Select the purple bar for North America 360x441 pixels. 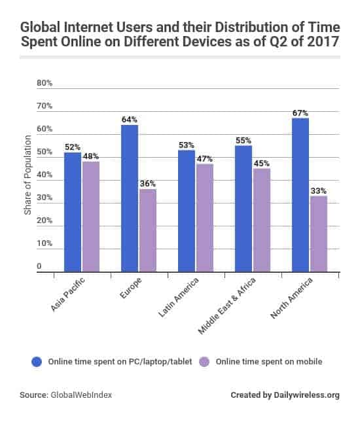coord(318,234)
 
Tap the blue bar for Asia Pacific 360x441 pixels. coord(73,211)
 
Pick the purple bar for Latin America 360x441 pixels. coord(204,217)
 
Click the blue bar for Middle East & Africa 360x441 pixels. coord(243,208)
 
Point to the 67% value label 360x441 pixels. coord(300,113)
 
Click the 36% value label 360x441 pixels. coord(147,185)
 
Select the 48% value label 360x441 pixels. coord(90,157)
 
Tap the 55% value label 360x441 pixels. coord(243,141)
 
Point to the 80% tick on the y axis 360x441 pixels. coord(45,83)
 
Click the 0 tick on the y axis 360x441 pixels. coord(39,266)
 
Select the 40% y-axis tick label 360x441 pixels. coord(45,175)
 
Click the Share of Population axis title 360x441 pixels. coord(27,175)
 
